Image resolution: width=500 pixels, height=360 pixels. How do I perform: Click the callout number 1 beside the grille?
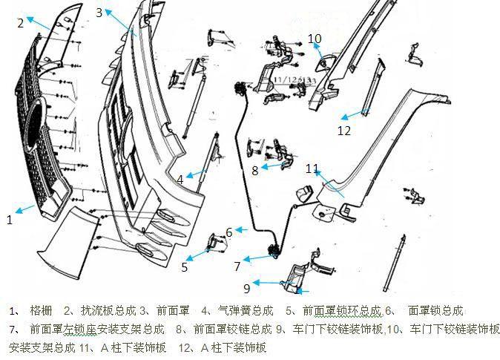point(9,220)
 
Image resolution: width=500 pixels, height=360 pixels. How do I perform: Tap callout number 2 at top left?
point(21,22)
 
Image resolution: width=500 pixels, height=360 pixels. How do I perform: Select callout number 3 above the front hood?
point(99,13)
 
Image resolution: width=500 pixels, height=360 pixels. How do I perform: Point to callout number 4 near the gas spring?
point(180,179)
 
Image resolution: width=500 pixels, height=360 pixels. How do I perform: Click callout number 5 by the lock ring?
point(185,267)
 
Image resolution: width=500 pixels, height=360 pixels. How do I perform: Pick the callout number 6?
point(230,232)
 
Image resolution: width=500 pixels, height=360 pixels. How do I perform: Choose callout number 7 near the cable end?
point(237,266)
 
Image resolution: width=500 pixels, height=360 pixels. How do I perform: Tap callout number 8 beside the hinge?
point(254,170)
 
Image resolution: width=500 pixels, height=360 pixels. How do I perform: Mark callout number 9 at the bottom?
point(247,288)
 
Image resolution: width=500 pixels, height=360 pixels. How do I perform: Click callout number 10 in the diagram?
point(315,38)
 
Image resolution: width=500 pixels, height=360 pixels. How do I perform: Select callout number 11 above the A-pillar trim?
point(312,168)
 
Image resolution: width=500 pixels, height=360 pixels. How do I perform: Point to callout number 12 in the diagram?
point(343,131)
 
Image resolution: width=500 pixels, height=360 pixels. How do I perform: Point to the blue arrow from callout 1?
point(25,209)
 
